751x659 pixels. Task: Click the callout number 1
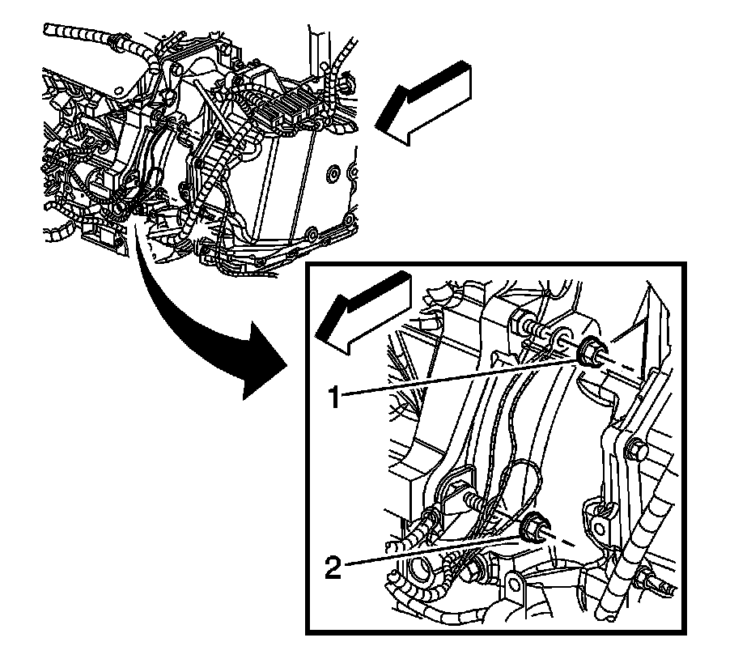pos(333,397)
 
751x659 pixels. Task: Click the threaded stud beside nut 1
pos(541,332)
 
